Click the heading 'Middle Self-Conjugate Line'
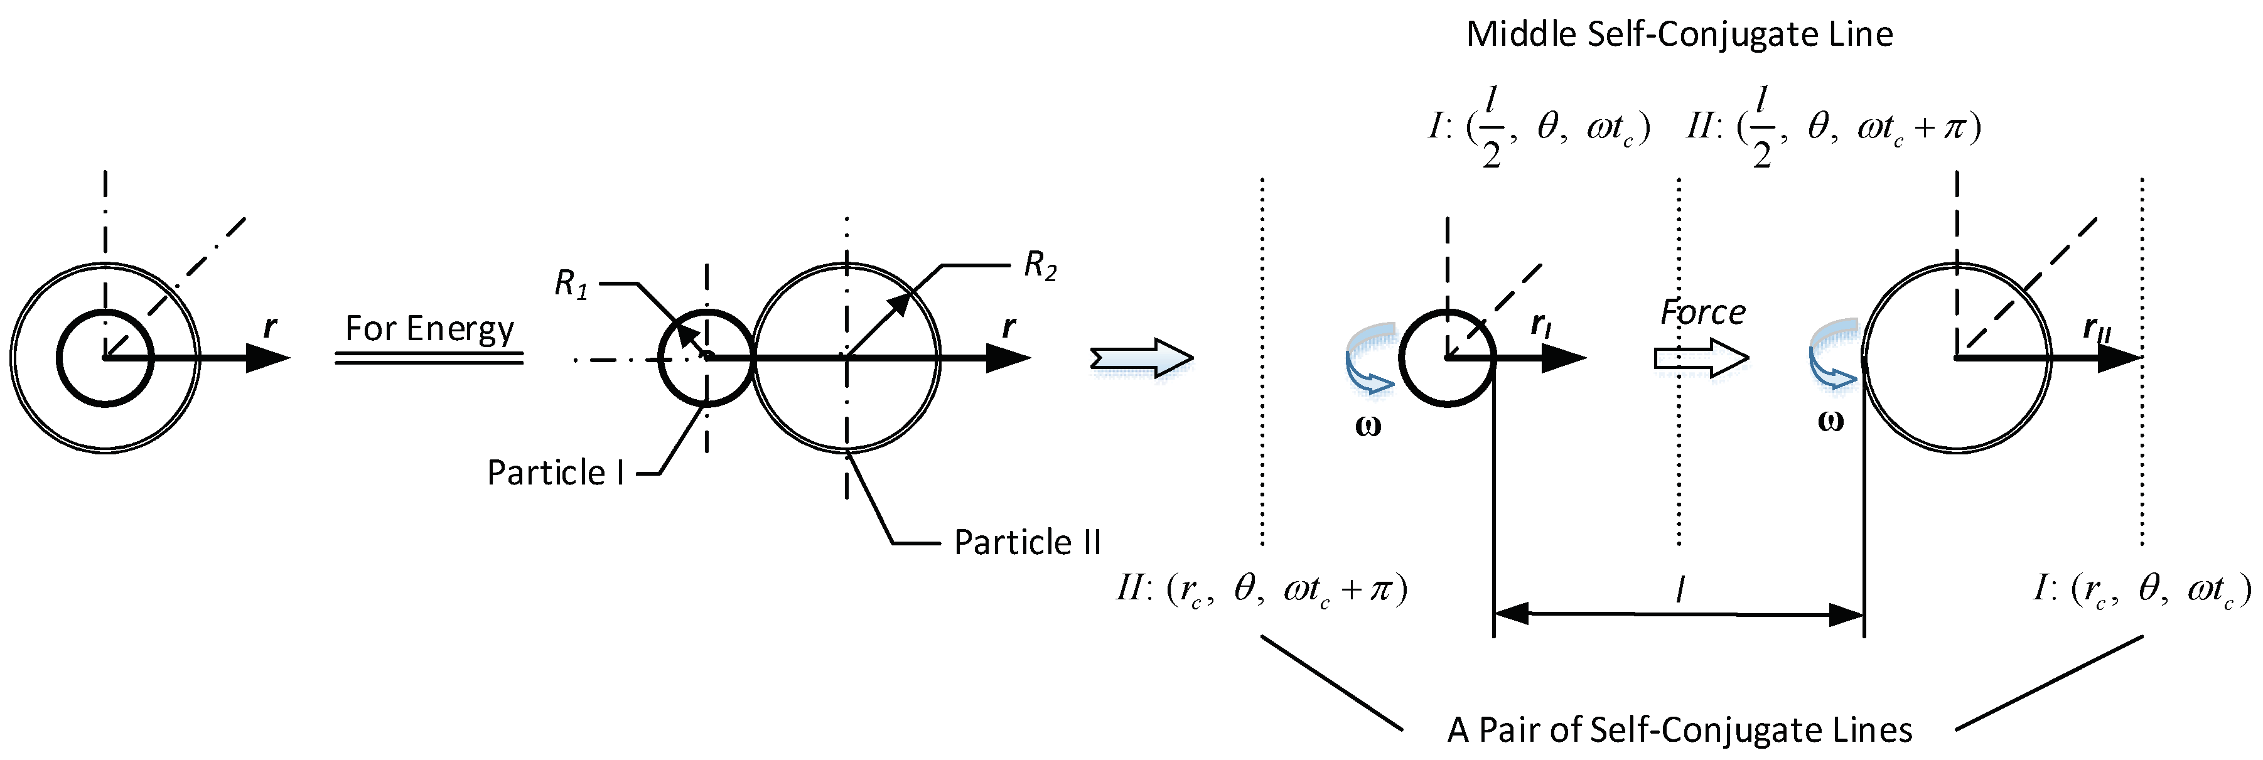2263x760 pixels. tap(1679, 35)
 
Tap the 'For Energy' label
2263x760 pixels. tap(429, 329)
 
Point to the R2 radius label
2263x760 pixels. tap(1040, 264)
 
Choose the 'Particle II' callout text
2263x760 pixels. tap(1027, 543)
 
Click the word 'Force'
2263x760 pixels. tap(1702, 312)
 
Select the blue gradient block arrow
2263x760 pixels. tap(1141, 358)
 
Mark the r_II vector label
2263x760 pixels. tap(2096, 329)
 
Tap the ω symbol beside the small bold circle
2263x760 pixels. tap(1368, 427)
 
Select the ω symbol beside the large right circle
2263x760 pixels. tap(1830, 422)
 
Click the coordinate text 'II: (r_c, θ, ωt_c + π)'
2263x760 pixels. tap(1262, 589)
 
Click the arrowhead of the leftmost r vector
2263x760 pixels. tap(268, 358)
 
